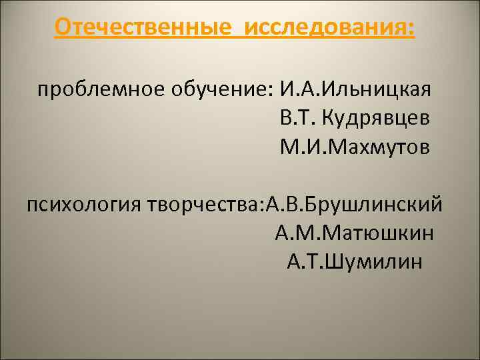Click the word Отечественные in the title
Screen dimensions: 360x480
click(x=144, y=28)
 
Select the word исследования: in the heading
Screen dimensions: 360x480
click(x=329, y=28)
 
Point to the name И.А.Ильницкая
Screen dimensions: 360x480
click(x=356, y=89)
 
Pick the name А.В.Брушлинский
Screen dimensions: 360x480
click(x=353, y=203)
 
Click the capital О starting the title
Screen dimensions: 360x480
click(x=62, y=28)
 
